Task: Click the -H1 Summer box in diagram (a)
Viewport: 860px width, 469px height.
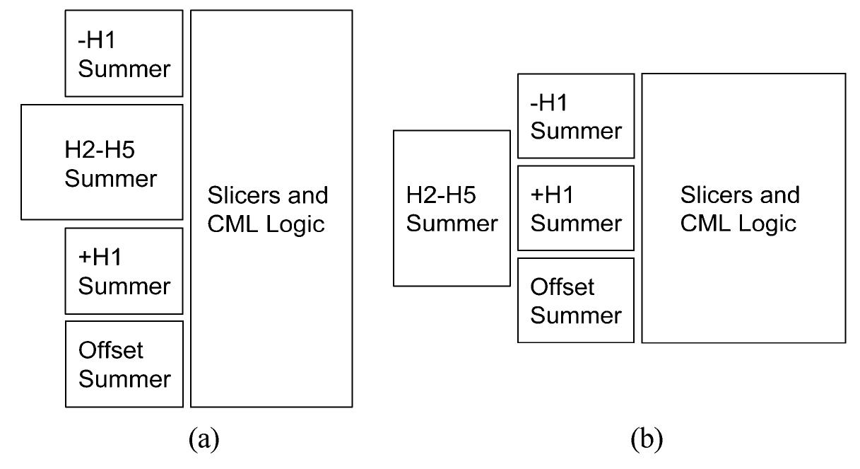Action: point(124,54)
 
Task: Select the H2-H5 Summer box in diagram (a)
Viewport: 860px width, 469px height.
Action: point(102,162)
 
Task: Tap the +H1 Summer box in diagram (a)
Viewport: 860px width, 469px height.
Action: point(124,271)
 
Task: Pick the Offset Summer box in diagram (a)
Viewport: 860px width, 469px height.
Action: point(124,364)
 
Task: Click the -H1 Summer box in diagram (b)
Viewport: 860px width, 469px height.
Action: point(575,116)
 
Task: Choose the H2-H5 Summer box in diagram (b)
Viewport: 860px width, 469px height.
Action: point(451,209)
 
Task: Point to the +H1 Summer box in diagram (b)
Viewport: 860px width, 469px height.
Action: point(575,208)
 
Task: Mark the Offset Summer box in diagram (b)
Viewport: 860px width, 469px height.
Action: point(575,301)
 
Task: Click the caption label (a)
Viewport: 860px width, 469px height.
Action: point(205,441)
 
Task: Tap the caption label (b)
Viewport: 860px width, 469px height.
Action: point(647,441)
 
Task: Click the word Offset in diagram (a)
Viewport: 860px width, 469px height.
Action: point(110,350)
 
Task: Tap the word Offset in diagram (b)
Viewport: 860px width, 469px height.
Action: point(562,286)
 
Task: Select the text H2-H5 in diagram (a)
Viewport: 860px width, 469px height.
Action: point(109,149)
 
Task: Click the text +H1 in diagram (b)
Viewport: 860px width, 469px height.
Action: point(554,195)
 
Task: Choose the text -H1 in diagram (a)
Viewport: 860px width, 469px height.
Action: point(96,41)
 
